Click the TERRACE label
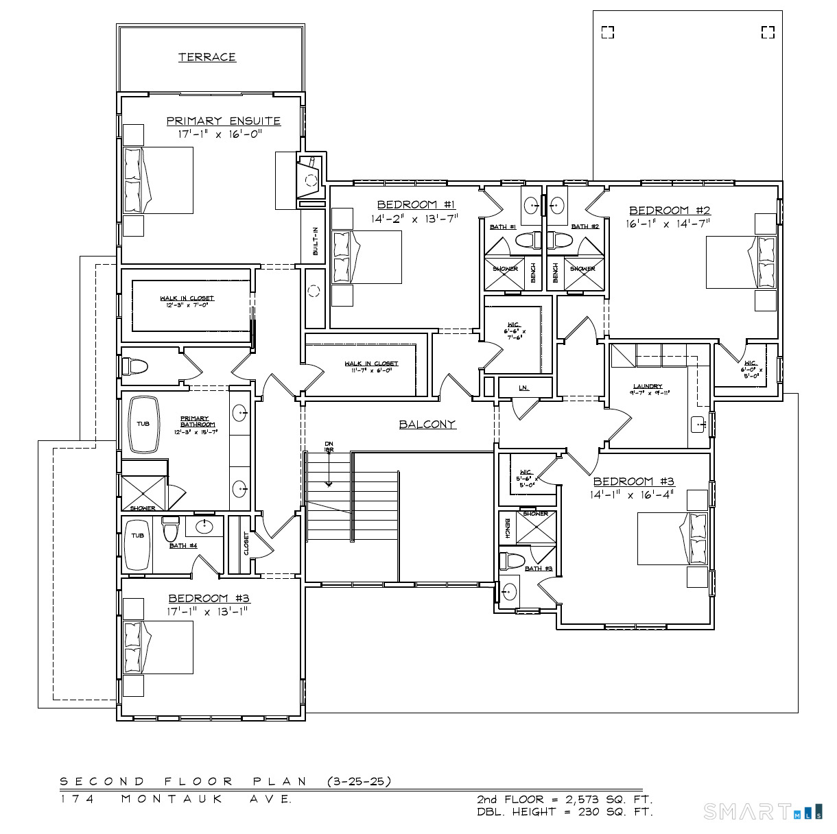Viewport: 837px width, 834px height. (x=207, y=57)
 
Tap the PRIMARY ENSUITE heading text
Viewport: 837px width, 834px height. (x=224, y=121)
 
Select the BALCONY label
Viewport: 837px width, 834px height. (x=427, y=424)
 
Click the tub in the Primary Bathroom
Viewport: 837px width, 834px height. (x=143, y=425)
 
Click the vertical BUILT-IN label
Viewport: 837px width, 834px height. (x=316, y=241)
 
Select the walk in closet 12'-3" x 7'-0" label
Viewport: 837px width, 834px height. (x=187, y=301)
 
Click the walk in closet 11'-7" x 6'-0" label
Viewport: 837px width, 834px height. (x=371, y=366)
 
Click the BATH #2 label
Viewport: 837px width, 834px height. (x=585, y=226)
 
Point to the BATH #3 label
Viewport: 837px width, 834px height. (x=539, y=568)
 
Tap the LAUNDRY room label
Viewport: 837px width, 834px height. (x=648, y=389)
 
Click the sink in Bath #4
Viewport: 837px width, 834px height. (x=204, y=527)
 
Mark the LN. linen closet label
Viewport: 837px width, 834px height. (x=524, y=388)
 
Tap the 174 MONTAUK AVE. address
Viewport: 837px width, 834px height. (x=176, y=799)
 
